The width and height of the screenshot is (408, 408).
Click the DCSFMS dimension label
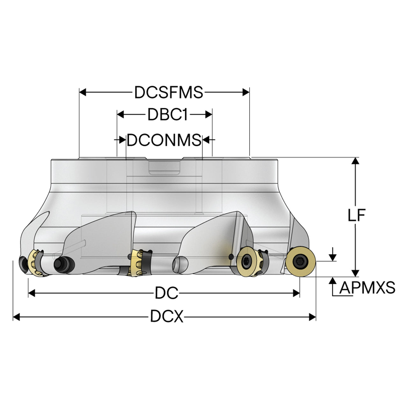tap(169, 92)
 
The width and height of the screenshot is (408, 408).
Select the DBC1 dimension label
tap(167, 114)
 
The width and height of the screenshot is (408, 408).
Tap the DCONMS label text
tap(164, 140)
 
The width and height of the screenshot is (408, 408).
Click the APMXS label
tap(368, 288)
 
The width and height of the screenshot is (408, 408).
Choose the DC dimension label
tap(166, 293)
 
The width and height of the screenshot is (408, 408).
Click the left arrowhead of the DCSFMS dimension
tap(83, 92)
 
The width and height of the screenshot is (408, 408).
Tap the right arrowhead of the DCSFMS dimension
tap(246, 92)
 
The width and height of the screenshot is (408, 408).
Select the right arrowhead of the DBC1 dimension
tap(208, 114)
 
